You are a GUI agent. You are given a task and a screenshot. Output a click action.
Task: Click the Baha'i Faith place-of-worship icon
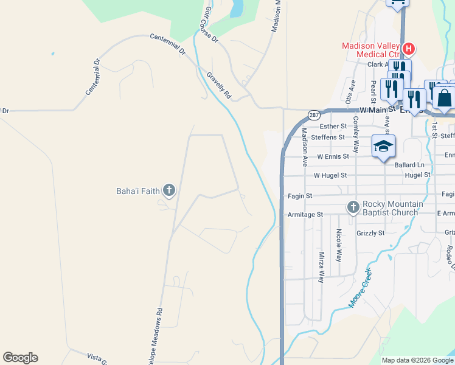point(169,191)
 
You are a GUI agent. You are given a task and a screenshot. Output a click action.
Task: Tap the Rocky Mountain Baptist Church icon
point(353,207)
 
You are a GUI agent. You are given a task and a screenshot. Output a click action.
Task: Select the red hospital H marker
point(409,49)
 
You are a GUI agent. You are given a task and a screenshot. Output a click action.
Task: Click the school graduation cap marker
point(384,147)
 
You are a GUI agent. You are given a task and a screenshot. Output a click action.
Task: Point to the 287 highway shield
point(314,114)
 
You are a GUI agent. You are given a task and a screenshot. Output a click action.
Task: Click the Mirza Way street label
point(321,268)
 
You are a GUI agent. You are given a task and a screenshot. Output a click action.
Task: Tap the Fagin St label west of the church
point(300,196)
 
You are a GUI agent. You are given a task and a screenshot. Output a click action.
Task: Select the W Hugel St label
point(330,175)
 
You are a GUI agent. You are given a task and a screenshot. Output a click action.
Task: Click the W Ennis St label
point(328,156)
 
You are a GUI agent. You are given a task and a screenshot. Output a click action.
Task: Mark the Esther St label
point(333,127)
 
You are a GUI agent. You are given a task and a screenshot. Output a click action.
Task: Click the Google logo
point(20,358)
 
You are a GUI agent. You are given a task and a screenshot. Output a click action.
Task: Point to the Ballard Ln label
point(409,165)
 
